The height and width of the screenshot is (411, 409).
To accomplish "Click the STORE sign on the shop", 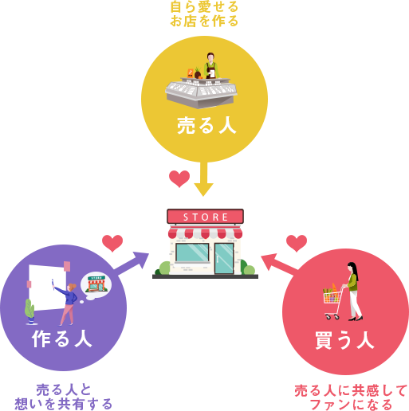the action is click(205, 217).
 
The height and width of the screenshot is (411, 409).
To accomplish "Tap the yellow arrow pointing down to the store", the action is click(203, 178).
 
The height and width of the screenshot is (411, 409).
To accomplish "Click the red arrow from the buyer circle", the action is click(279, 264).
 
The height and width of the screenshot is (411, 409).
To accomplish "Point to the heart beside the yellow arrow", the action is click(179, 178).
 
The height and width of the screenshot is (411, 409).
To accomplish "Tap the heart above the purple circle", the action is click(112, 243).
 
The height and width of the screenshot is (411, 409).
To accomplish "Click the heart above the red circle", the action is click(297, 243).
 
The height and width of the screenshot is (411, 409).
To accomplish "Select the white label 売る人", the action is click(206, 126).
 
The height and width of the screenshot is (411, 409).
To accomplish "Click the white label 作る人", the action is click(62, 339).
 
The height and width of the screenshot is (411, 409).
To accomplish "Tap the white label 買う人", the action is click(344, 340).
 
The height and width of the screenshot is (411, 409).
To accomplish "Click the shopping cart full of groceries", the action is click(332, 302).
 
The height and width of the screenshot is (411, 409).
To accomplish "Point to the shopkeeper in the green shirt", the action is click(211, 65).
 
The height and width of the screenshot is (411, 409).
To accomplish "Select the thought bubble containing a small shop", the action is click(96, 286).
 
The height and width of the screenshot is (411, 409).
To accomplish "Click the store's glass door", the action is click(224, 258).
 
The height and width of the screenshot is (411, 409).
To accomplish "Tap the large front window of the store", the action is click(192, 252).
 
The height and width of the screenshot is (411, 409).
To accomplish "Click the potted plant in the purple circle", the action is click(30, 311).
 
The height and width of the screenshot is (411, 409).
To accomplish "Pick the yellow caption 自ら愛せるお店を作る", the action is click(204, 14).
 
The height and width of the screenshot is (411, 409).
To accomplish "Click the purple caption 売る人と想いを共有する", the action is click(64, 397).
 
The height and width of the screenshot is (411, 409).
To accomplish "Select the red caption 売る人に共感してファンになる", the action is click(351, 397).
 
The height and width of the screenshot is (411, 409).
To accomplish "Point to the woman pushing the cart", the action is click(352, 292).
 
